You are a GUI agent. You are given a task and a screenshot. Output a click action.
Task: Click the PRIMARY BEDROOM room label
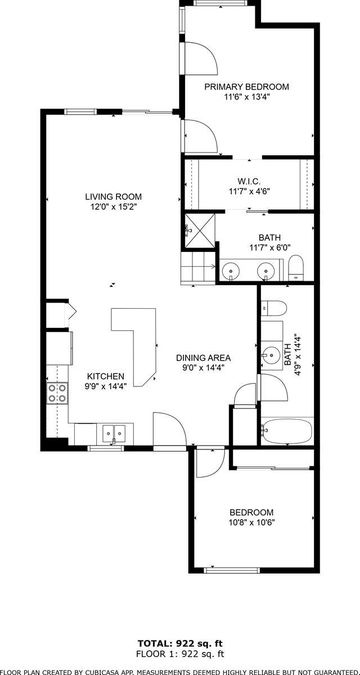(x=246, y=87)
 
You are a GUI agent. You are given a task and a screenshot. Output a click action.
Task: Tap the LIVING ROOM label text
(x=113, y=197)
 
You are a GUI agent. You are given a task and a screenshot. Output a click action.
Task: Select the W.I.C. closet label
(x=248, y=182)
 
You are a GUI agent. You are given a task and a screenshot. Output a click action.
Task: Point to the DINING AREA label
(x=203, y=358)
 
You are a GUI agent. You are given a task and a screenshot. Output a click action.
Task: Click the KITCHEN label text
(x=105, y=376)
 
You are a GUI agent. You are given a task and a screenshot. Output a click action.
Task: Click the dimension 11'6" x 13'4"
(x=246, y=96)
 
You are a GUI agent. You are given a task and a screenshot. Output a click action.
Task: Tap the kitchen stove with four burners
(x=57, y=393)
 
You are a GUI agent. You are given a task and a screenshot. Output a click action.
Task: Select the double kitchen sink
(x=114, y=433)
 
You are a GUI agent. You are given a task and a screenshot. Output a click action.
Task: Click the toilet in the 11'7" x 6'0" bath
(x=296, y=267)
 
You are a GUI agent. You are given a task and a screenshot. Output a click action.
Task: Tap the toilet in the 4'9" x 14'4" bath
(x=275, y=308)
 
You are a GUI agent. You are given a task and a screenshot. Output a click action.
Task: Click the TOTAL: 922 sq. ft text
(x=180, y=643)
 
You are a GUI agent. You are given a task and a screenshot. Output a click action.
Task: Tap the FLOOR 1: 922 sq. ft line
(x=180, y=654)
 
